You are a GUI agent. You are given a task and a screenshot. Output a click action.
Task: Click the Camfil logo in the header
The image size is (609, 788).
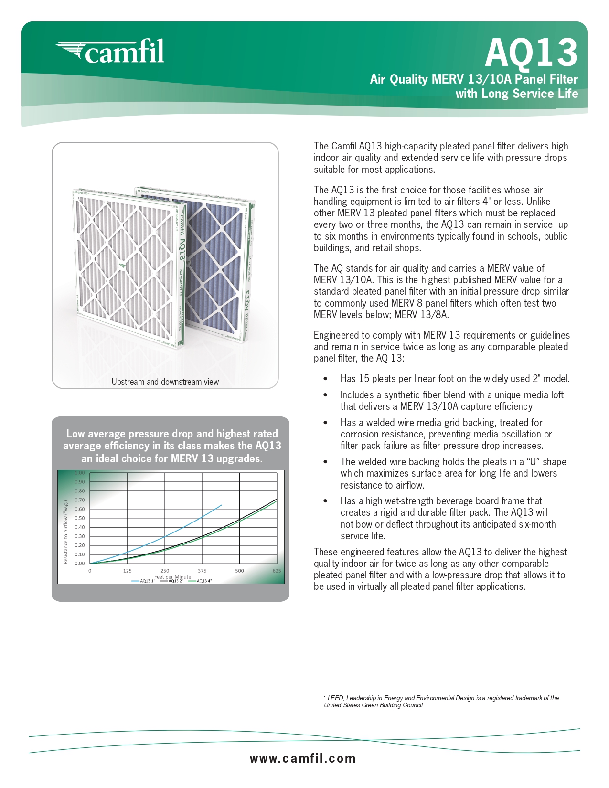pyautogui.click(x=111, y=52)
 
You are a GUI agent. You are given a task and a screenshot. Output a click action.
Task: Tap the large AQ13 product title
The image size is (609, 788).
pyautogui.click(x=531, y=53)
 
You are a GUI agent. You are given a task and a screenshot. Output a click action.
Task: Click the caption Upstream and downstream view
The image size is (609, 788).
pyautogui.click(x=165, y=382)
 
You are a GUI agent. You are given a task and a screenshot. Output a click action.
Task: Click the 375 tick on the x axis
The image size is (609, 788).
pyautogui.click(x=202, y=571)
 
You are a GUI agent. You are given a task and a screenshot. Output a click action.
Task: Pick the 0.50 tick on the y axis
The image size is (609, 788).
pyautogui.click(x=80, y=518)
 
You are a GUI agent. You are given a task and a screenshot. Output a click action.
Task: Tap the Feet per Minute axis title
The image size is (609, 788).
pyautogui.click(x=172, y=576)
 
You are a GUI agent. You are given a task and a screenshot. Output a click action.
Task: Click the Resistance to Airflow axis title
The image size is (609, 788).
pyautogui.click(x=66, y=532)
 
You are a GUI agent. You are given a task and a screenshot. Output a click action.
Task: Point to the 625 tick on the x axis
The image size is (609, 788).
pyautogui.click(x=277, y=571)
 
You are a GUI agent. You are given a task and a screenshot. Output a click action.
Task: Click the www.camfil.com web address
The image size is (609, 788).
pyautogui.click(x=303, y=758)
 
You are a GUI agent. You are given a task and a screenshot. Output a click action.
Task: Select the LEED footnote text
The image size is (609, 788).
pyautogui.click(x=442, y=702)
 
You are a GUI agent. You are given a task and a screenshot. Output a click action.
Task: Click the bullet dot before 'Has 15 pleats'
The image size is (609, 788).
pyautogui.click(x=325, y=379)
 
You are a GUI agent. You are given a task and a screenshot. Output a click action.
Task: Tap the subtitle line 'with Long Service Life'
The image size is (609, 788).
pyautogui.click(x=516, y=94)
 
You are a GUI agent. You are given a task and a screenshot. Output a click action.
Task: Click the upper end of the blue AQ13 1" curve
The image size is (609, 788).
pyautogui.click(x=221, y=505)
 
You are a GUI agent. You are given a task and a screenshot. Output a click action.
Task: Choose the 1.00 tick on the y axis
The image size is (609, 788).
pyautogui.click(x=80, y=473)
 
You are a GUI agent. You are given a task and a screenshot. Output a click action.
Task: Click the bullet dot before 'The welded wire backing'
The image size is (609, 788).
pyautogui.click(x=325, y=462)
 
